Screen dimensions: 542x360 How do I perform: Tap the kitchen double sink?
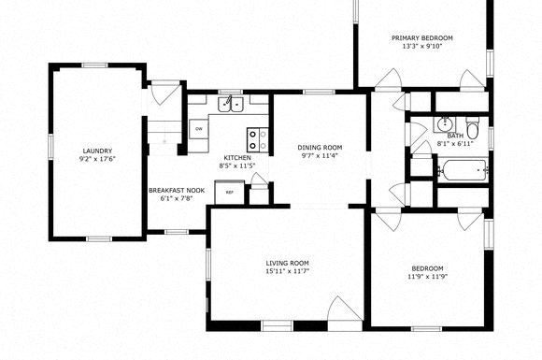[x=231, y=105]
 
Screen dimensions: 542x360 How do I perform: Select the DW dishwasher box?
[x=199, y=129]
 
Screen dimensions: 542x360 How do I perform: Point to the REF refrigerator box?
[x=229, y=193]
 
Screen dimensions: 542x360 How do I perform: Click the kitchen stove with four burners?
[x=258, y=139]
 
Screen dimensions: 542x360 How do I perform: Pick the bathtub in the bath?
[x=464, y=170]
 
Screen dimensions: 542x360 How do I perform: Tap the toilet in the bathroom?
[x=472, y=128]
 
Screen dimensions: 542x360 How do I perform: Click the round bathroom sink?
[x=444, y=123]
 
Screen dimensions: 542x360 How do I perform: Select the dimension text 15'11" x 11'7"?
[x=287, y=271]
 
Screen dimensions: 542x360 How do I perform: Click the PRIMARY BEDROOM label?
[x=422, y=38]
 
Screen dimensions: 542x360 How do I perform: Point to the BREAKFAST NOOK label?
[x=177, y=190]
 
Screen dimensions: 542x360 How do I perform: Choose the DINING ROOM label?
[x=320, y=148]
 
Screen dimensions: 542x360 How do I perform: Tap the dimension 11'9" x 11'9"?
[x=428, y=277]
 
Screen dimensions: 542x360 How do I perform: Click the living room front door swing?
[x=345, y=309]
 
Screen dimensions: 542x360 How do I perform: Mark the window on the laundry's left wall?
[x=50, y=151]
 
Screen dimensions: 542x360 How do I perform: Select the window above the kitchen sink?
[x=231, y=92]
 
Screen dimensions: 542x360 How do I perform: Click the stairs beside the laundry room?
[x=164, y=132]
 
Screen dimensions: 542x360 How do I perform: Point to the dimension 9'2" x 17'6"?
[x=97, y=159]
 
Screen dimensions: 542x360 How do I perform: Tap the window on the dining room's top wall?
[x=319, y=92]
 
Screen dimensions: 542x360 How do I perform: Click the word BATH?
[x=456, y=136]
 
